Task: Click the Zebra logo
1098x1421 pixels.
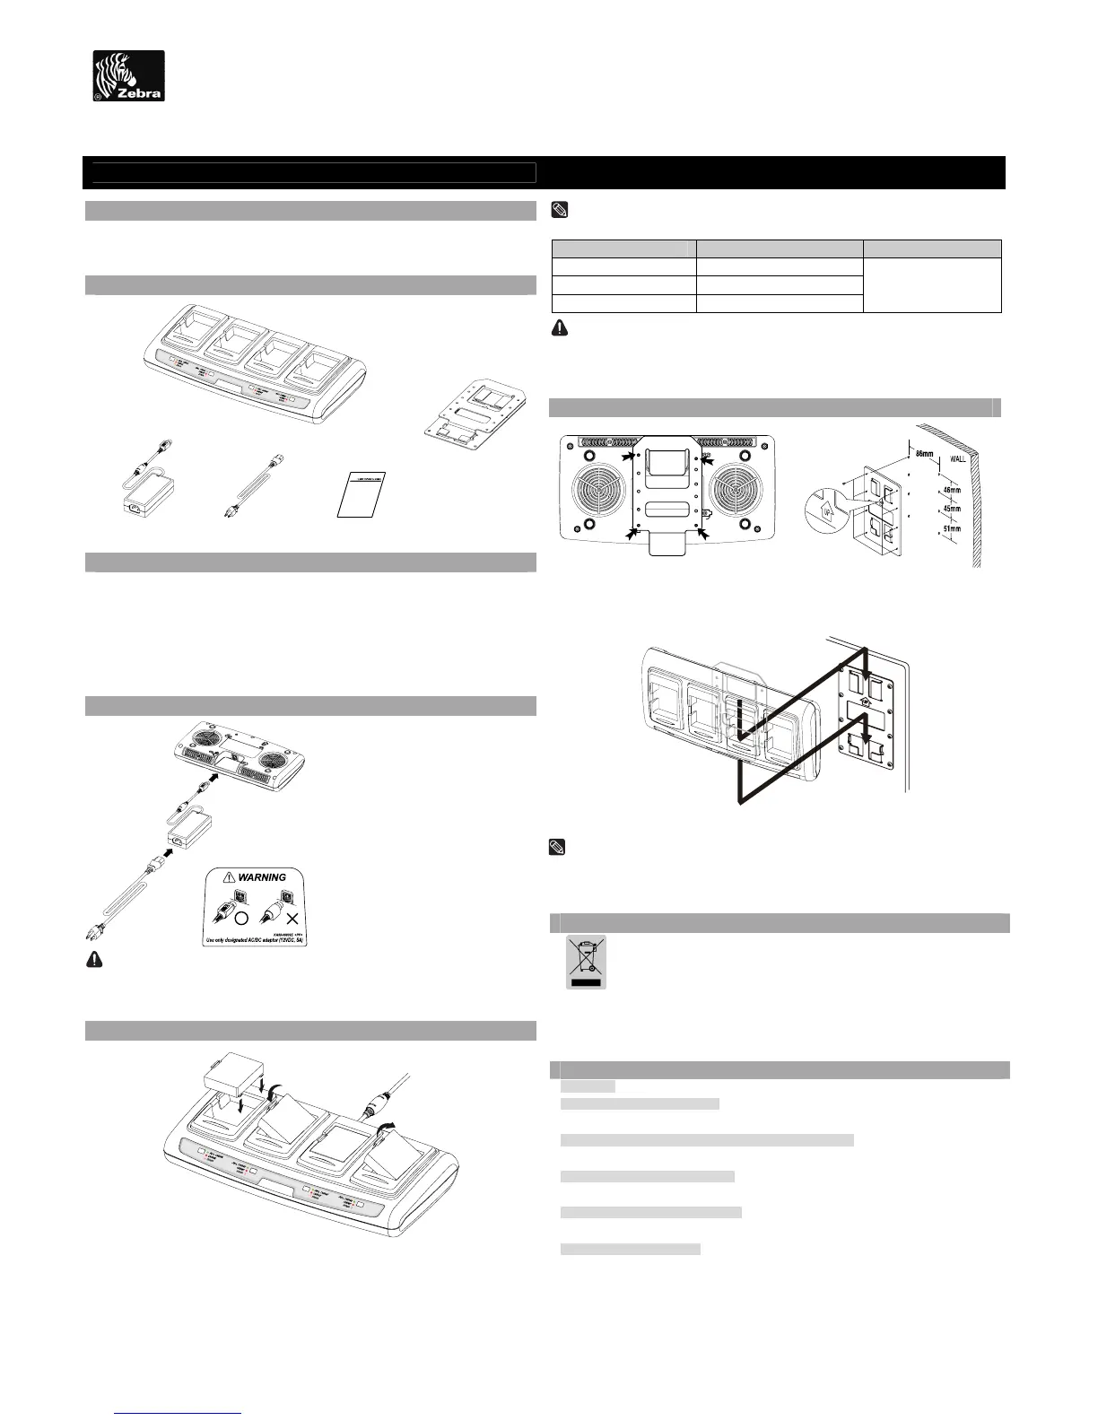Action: (x=129, y=75)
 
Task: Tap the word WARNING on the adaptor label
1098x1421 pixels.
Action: (x=262, y=877)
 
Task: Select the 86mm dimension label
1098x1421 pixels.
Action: (x=924, y=454)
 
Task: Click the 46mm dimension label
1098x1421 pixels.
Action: (x=954, y=490)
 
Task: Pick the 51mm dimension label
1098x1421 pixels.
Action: (x=953, y=529)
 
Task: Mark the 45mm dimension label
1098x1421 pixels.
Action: (x=954, y=509)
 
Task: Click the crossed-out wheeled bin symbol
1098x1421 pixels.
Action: (x=586, y=961)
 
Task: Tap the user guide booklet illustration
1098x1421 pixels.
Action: (x=362, y=493)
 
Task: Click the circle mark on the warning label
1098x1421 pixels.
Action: (x=241, y=919)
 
